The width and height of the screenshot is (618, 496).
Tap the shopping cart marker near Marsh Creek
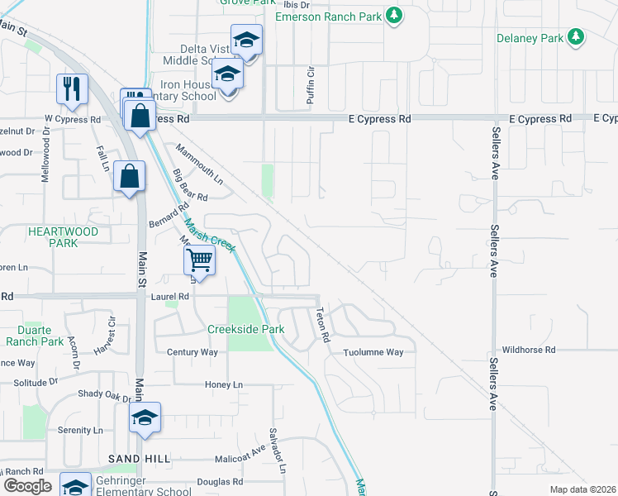point(199,260)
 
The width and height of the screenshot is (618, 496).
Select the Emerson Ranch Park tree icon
point(395,16)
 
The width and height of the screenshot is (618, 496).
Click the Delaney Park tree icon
point(577,38)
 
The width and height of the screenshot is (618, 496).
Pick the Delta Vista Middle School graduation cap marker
point(246,40)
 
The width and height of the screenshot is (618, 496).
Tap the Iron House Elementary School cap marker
point(227,74)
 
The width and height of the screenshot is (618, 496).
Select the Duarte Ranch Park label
point(35,335)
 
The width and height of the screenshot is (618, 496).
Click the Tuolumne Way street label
point(374,352)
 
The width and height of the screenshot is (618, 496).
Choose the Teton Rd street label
point(323,325)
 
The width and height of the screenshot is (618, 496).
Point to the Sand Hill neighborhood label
point(139,458)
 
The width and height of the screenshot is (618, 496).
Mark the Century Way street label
point(192,352)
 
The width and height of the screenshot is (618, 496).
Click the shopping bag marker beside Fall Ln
point(130,176)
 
